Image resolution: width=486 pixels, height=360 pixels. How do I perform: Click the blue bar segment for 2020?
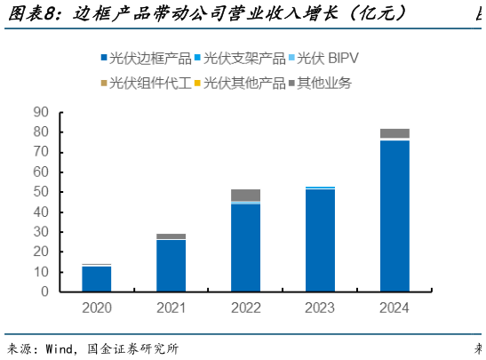pyautogui.click(x=96, y=279)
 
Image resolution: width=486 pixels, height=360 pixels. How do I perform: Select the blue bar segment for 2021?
pyautogui.click(x=171, y=266)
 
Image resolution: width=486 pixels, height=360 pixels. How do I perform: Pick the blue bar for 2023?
pyautogui.click(x=320, y=240)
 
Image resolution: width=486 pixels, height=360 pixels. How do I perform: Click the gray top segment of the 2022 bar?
pyautogui.click(x=244, y=195)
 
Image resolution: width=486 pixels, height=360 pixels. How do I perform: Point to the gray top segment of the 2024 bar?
pyautogui.click(x=394, y=133)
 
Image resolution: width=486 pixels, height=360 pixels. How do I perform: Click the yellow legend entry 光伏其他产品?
pyautogui.click(x=244, y=83)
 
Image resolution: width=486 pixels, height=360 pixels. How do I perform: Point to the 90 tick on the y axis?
pyautogui.click(x=41, y=112)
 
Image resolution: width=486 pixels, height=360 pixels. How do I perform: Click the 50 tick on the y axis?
pyautogui.click(x=41, y=192)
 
